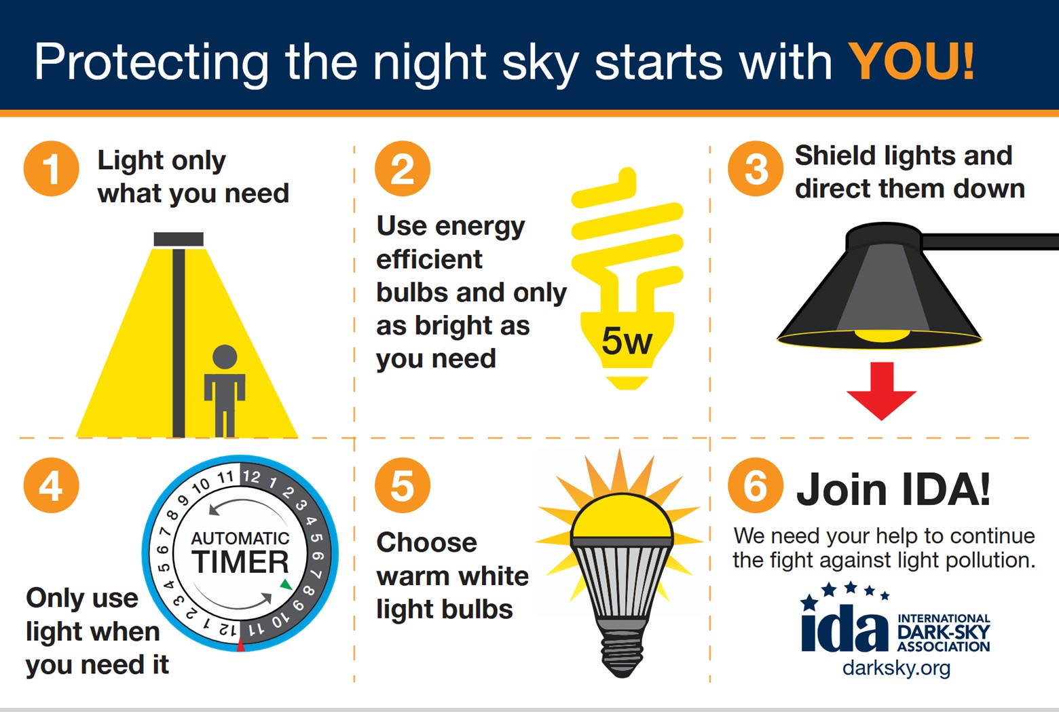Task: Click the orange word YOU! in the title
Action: click(910, 62)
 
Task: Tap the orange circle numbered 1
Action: click(51, 168)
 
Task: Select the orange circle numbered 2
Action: click(403, 168)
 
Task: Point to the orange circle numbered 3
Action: click(756, 168)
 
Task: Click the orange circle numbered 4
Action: click(51, 485)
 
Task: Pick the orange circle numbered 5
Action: click(403, 485)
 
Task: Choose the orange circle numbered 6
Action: click(756, 485)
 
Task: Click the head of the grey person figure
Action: click(225, 357)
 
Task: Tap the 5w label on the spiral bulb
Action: click(627, 341)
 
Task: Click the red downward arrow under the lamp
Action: click(881, 392)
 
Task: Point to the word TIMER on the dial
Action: click(240, 561)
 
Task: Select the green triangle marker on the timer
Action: click(286, 584)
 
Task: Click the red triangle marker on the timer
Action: click(240, 645)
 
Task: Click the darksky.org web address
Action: click(896, 669)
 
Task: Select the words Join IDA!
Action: click(893, 489)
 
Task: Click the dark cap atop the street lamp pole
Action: click(179, 239)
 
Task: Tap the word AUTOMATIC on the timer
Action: click(240, 538)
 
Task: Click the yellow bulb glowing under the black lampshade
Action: click(882, 335)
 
